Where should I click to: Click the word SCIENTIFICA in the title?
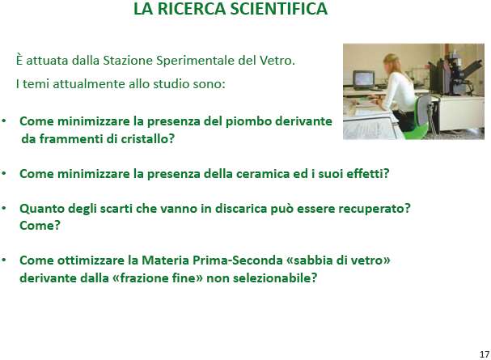pyautogui.click(x=279, y=8)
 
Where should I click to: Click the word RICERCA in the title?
pyautogui.click(x=191, y=8)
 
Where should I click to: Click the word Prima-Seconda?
pyautogui.click(x=238, y=260)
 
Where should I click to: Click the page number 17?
pyautogui.click(x=484, y=354)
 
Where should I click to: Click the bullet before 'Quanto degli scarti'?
pyautogui.click(x=4, y=209)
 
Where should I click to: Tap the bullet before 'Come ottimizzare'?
pyautogui.click(x=4, y=260)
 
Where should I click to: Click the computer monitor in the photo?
pyautogui.click(x=363, y=79)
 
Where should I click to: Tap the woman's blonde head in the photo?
pyautogui.click(x=392, y=62)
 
